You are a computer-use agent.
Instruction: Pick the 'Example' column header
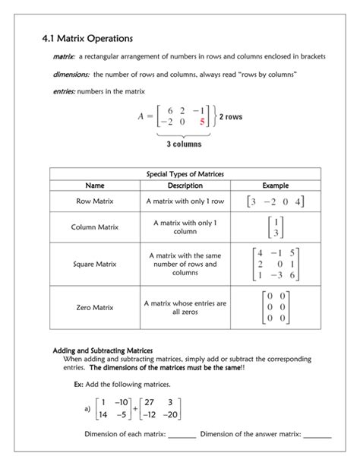coord(275,185)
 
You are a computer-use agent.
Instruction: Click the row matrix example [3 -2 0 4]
coord(275,201)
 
